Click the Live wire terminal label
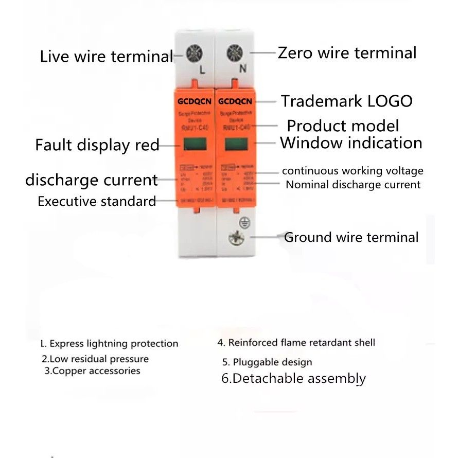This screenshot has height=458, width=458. point(106,56)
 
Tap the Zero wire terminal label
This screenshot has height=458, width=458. point(347,52)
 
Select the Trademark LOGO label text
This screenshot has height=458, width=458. point(346,101)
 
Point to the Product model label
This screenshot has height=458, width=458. point(343,126)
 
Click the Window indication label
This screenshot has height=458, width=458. point(351,143)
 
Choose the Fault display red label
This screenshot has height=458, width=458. point(97,145)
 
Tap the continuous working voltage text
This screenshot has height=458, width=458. point(353,171)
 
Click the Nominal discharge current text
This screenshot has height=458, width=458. point(353,184)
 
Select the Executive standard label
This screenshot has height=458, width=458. point(97,201)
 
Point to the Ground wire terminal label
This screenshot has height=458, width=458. point(351,237)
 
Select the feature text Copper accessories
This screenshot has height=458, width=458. point(92,371)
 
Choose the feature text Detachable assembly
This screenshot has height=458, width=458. point(293,379)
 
